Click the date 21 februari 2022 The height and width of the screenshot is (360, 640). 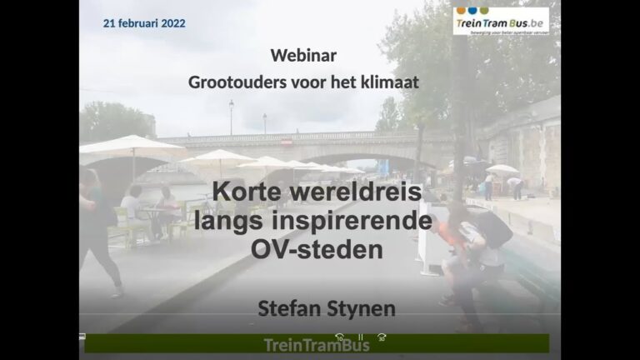[x=144, y=23]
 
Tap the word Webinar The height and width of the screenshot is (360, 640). [x=303, y=56]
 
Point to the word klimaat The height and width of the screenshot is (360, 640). [x=390, y=82]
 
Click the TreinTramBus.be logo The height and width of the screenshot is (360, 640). [x=501, y=21]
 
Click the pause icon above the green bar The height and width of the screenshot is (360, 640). [x=361, y=337]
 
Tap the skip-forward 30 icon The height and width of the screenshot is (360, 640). [x=382, y=337]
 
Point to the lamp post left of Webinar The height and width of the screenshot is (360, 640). [x=232, y=117]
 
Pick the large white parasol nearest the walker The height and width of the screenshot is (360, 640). [x=132, y=145]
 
